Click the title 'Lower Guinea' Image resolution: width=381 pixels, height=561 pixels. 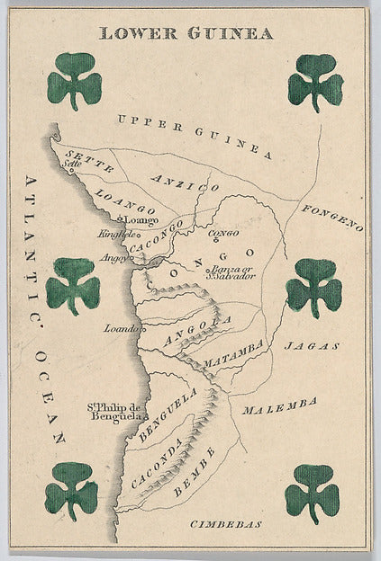(x=186, y=33)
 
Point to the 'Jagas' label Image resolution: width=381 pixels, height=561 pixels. (x=312, y=345)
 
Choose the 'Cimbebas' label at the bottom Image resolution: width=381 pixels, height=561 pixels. (x=225, y=523)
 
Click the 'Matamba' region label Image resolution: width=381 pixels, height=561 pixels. (x=233, y=353)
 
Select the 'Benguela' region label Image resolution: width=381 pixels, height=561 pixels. (x=168, y=414)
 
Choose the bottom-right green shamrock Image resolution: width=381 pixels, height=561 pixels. (x=312, y=492)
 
